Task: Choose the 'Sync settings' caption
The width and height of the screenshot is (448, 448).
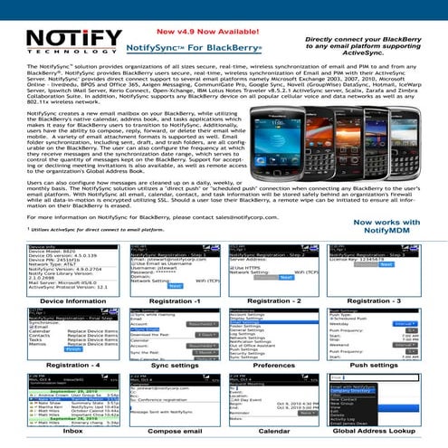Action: [x=171, y=415]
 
